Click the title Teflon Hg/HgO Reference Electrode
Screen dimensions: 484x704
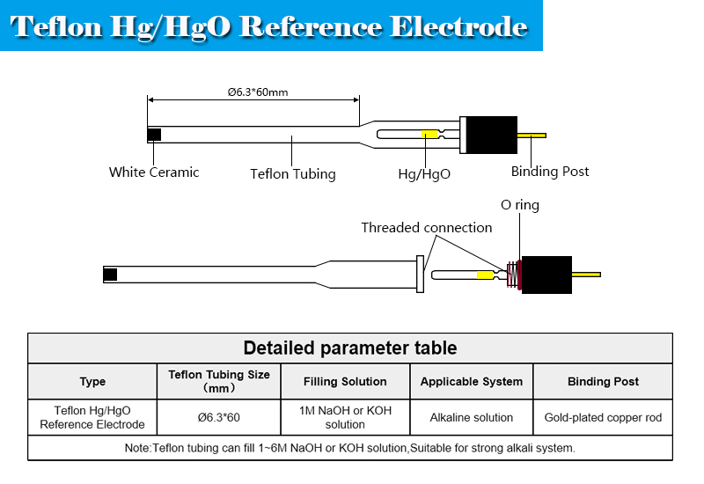(270, 26)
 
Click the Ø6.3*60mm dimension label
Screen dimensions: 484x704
(257, 91)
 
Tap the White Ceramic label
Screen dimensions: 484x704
(154, 172)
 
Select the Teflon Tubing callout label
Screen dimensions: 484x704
(293, 174)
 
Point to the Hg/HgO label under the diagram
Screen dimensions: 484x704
(424, 174)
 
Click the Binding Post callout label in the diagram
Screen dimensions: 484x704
(550, 172)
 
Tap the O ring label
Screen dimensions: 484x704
(520, 205)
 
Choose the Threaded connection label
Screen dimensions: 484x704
(427, 228)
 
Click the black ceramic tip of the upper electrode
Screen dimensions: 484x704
(155, 135)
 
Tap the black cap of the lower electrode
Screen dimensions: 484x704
(546, 275)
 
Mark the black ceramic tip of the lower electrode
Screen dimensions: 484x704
(110, 275)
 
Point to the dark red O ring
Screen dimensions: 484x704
(517, 275)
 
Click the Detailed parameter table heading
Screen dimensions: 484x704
(350, 348)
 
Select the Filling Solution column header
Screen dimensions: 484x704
(345, 382)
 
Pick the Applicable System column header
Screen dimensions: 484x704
(472, 382)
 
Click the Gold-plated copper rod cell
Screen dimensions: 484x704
(603, 417)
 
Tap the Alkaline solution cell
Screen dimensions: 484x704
(472, 417)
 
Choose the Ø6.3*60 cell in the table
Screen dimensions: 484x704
(219, 417)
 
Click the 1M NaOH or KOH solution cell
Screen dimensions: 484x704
(345, 417)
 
